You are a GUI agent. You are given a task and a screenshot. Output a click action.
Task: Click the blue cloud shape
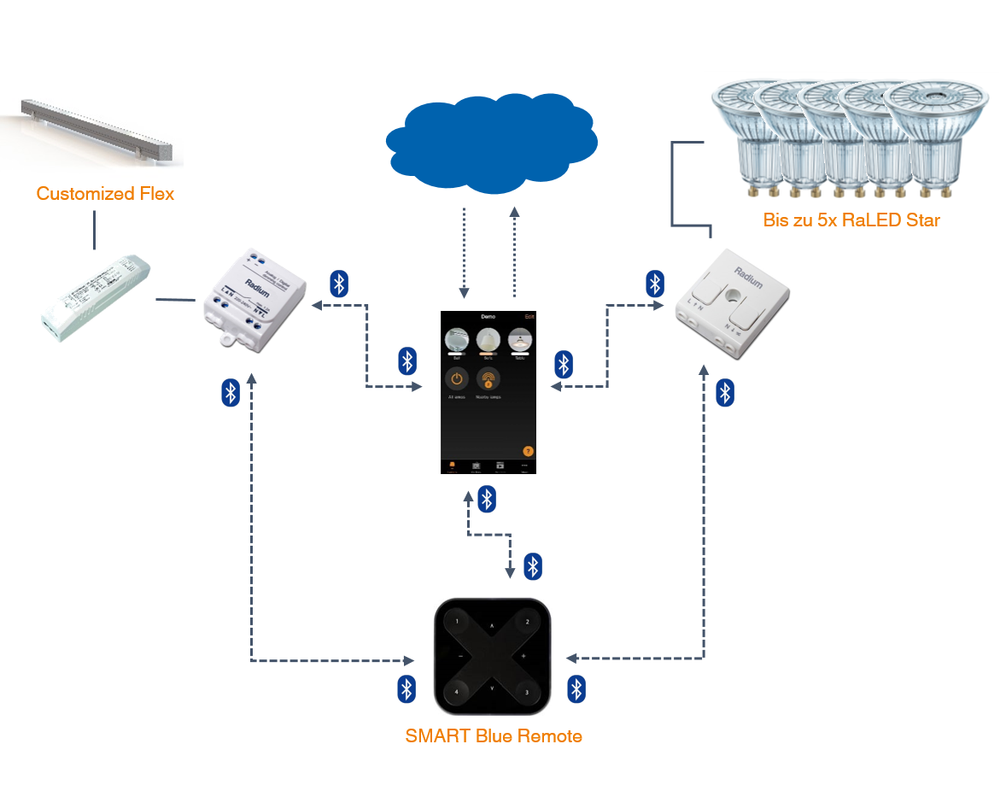490,141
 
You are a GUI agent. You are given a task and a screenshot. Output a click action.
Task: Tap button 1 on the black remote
458,622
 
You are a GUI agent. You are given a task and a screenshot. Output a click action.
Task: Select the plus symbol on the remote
523,656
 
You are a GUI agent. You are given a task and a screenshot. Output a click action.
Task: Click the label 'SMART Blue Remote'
494,736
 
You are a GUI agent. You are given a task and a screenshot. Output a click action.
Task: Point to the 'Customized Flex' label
105,194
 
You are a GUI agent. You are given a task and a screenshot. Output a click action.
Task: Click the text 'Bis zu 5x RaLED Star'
851,220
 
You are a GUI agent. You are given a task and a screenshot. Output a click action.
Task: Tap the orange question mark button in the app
528,451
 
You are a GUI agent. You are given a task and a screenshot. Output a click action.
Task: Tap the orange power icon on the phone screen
456,378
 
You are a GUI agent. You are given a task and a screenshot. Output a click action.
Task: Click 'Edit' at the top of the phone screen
529,316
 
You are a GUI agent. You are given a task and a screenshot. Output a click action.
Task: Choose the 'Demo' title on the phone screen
488,316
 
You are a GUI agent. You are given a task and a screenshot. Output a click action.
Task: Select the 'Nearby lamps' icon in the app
488,378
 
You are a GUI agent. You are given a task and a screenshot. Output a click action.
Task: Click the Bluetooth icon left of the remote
407,689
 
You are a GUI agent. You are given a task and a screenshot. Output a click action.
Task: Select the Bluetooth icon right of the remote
576,689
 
